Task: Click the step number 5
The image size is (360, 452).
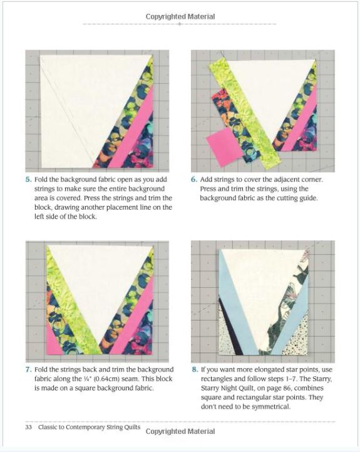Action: click(x=28, y=179)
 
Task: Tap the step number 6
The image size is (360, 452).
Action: click(x=194, y=179)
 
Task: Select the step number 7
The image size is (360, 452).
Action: click(x=28, y=369)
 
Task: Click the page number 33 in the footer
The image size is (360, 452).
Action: click(x=29, y=427)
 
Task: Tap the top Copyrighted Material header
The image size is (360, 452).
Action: click(x=180, y=16)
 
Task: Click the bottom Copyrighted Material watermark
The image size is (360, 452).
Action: click(x=180, y=431)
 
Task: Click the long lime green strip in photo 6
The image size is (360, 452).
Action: click(x=245, y=115)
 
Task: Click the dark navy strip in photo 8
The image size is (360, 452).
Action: click(x=230, y=327)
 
